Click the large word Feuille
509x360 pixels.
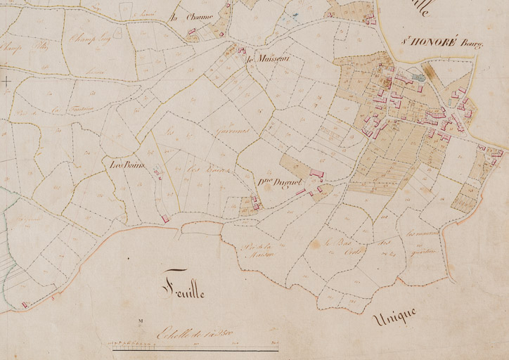coord(182,288)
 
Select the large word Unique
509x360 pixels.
coord(395,317)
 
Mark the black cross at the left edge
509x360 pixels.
coord(6,82)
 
